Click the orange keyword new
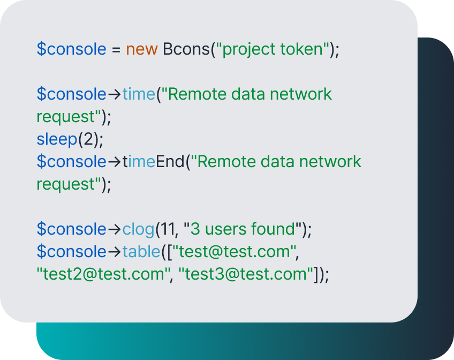pyautogui.click(x=141, y=49)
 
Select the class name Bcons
pyautogui.click(x=186, y=49)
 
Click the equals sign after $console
pyautogui.click(x=116, y=49)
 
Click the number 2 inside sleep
pyautogui.click(x=88, y=139)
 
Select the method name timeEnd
pyautogui.click(x=153, y=161)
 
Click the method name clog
pyautogui.click(x=139, y=230)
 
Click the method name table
pyautogui.click(x=141, y=251)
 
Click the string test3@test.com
pyautogui.click(x=246, y=274)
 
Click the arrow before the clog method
pyautogui.click(x=115, y=229)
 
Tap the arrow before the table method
pyautogui.click(x=115, y=252)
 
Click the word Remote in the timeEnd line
pyautogui.click(x=226, y=161)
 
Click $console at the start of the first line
pyautogui.click(x=72, y=49)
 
